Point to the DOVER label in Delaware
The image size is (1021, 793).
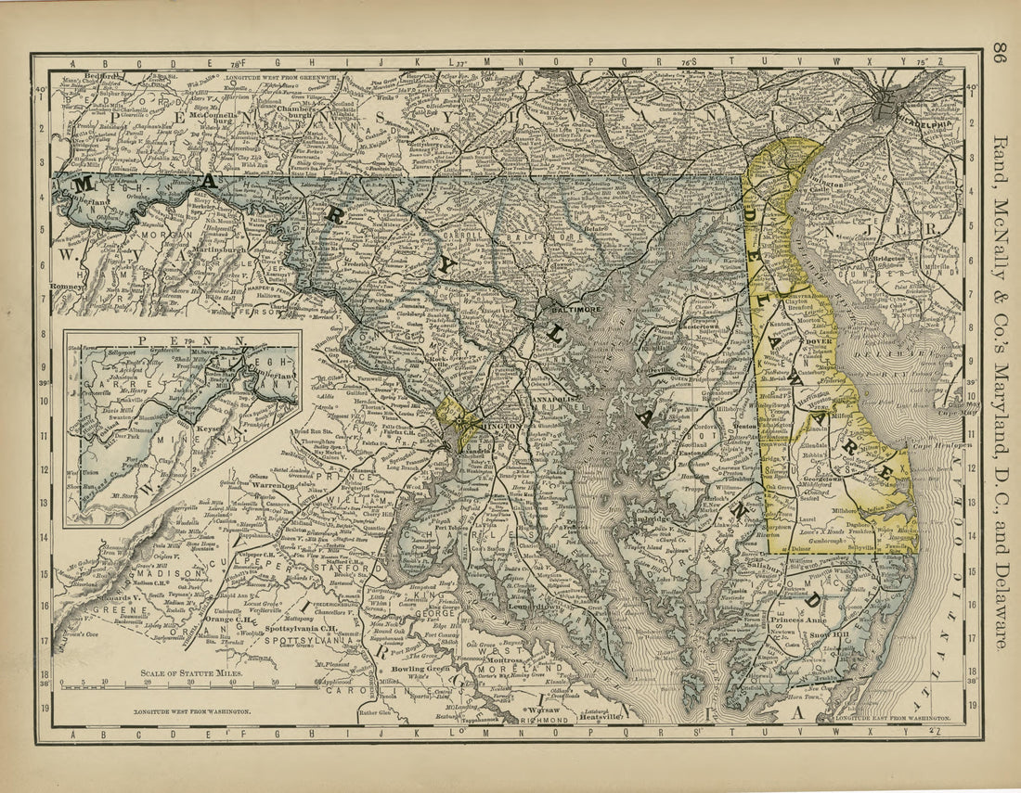[x=816, y=340]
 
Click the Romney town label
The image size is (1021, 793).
[x=68, y=288]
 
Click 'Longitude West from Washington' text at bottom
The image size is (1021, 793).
[x=187, y=710]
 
